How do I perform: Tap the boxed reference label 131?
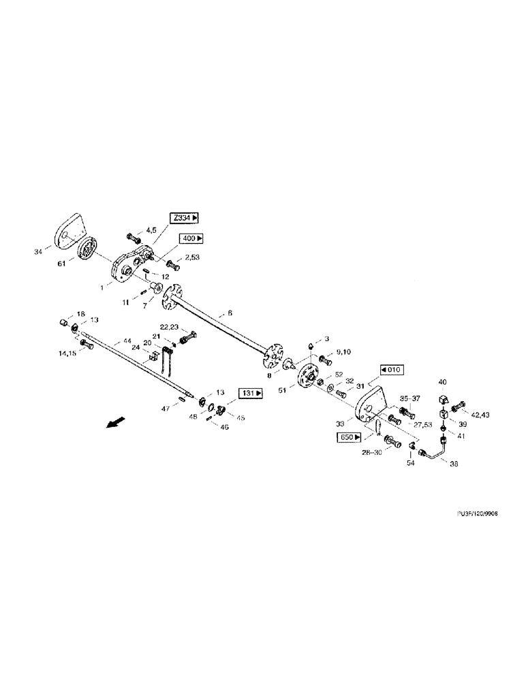(x=251, y=394)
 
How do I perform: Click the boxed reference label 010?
(x=392, y=369)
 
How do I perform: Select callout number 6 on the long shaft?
(x=230, y=313)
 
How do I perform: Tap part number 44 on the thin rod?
(x=126, y=340)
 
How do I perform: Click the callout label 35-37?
(x=409, y=399)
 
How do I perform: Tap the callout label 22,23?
(x=170, y=327)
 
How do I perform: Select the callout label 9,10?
(x=344, y=353)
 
